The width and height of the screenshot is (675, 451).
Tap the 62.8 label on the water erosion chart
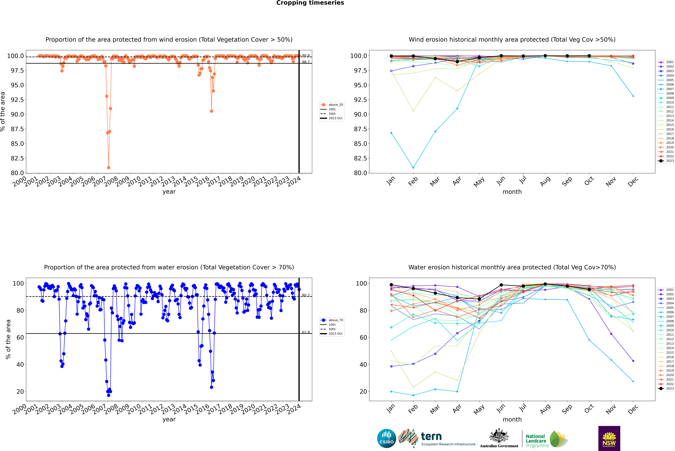[306, 332]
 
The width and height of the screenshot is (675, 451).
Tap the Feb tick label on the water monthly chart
[413, 409]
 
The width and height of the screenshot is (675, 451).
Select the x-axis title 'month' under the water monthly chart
[512, 419]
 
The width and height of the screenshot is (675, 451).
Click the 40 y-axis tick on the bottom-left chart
[20, 364]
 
